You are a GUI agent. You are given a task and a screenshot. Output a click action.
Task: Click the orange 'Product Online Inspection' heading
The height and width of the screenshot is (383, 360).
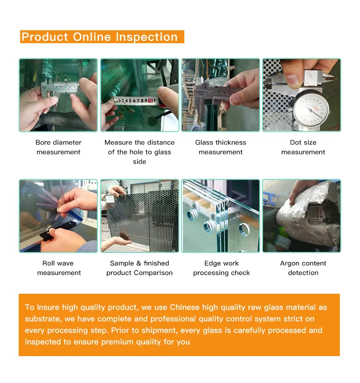pyautogui.click(x=102, y=36)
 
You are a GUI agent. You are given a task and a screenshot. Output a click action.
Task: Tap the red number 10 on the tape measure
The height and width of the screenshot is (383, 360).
pyautogui.click(x=150, y=100)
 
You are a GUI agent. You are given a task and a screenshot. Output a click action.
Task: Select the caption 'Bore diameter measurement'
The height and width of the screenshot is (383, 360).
pyautogui.click(x=59, y=147)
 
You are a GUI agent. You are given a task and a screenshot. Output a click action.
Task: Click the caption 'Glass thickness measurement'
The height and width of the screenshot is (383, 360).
pyautogui.click(x=220, y=147)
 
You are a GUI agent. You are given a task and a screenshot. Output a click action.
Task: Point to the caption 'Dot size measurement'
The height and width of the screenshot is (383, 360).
pyautogui.click(x=303, y=147)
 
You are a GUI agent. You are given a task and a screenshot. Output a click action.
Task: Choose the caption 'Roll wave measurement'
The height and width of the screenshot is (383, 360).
pyautogui.click(x=59, y=268)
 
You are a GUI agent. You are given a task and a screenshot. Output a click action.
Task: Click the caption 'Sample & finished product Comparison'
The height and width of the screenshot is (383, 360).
pyautogui.click(x=140, y=268)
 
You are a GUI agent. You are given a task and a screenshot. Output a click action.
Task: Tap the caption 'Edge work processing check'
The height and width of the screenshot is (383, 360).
pyautogui.click(x=221, y=268)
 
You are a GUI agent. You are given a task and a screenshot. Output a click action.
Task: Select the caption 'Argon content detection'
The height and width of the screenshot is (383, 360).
pyautogui.click(x=303, y=268)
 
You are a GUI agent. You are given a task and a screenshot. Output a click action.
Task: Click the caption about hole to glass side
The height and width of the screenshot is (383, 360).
pyautogui.click(x=140, y=152)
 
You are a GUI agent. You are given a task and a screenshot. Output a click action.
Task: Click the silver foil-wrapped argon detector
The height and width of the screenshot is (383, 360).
pyautogui.click(x=308, y=214)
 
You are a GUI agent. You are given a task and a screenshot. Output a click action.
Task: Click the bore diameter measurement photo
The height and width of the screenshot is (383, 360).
pyautogui.click(x=59, y=95)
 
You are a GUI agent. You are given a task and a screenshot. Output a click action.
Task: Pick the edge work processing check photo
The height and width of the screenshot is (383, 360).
pyautogui.click(x=220, y=216)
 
